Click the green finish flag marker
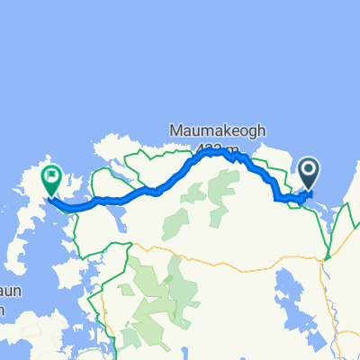[x=50, y=181]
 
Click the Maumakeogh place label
[x=218, y=130]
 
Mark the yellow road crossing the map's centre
[x=207, y=257]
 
